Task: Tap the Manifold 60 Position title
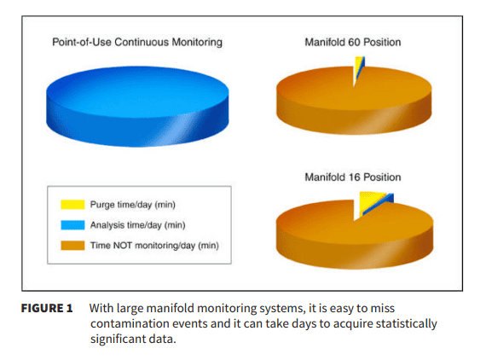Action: pos(353,43)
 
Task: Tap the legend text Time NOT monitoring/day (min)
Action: pos(153,246)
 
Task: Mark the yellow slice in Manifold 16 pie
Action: pos(369,202)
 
